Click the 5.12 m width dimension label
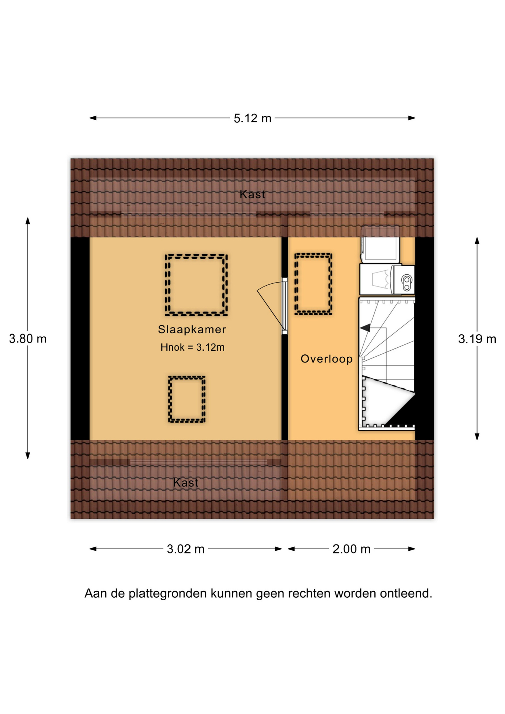252,118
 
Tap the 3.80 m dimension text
28,339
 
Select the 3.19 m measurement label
477,339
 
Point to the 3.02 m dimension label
186,549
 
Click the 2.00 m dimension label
351,549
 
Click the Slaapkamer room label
192,329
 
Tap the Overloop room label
327,359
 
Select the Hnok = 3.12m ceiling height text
192,347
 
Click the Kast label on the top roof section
252,194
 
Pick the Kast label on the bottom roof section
186,483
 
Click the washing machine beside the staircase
387,279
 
